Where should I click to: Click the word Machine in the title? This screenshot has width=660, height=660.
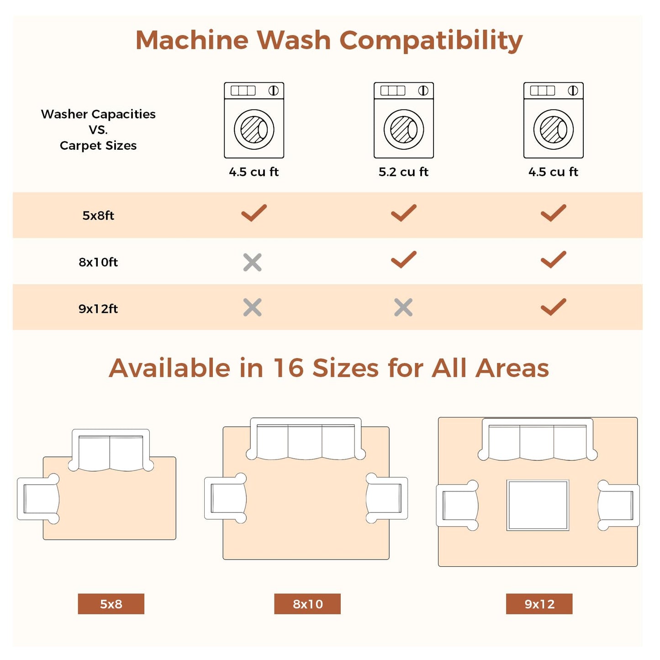pyautogui.click(x=192, y=40)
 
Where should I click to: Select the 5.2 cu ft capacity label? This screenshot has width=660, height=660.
pyautogui.click(x=403, y=172)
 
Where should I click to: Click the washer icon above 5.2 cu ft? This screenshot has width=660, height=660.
pyautogui.click(x=404, y=120)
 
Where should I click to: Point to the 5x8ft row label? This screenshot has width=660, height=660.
pyautogui.click(x=98, y=216)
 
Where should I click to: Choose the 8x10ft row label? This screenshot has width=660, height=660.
pyautogui.click(x=98, y=262)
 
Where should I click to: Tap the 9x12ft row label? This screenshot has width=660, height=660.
pyautogui.click(x=98, y=309)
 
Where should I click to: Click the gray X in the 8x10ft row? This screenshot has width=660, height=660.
pyautogui.click(x=253, y=262)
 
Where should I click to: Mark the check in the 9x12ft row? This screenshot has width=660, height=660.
pyautogui.click(x=553, y=306)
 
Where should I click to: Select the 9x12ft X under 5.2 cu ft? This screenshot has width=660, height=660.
pyautogui.click(x=403, y=307)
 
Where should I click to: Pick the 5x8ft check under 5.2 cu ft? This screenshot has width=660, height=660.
pyautogui.click(x=403, y=213)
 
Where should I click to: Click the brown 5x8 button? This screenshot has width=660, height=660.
pyautogui.click(x=111, y=604)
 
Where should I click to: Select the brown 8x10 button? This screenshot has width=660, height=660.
pyautogui.click(x=307, y=604)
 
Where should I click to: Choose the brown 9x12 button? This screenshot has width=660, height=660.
pyautogui.click(x=539, y=604)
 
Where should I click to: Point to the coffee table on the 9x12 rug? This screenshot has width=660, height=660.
pyautogui.click(x=538, y=505)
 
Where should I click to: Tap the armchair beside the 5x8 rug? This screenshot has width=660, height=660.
pyautogui.click(x=38, y=499)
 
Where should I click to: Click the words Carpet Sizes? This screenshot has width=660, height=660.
pyautogui.click(x=98, y=146)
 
